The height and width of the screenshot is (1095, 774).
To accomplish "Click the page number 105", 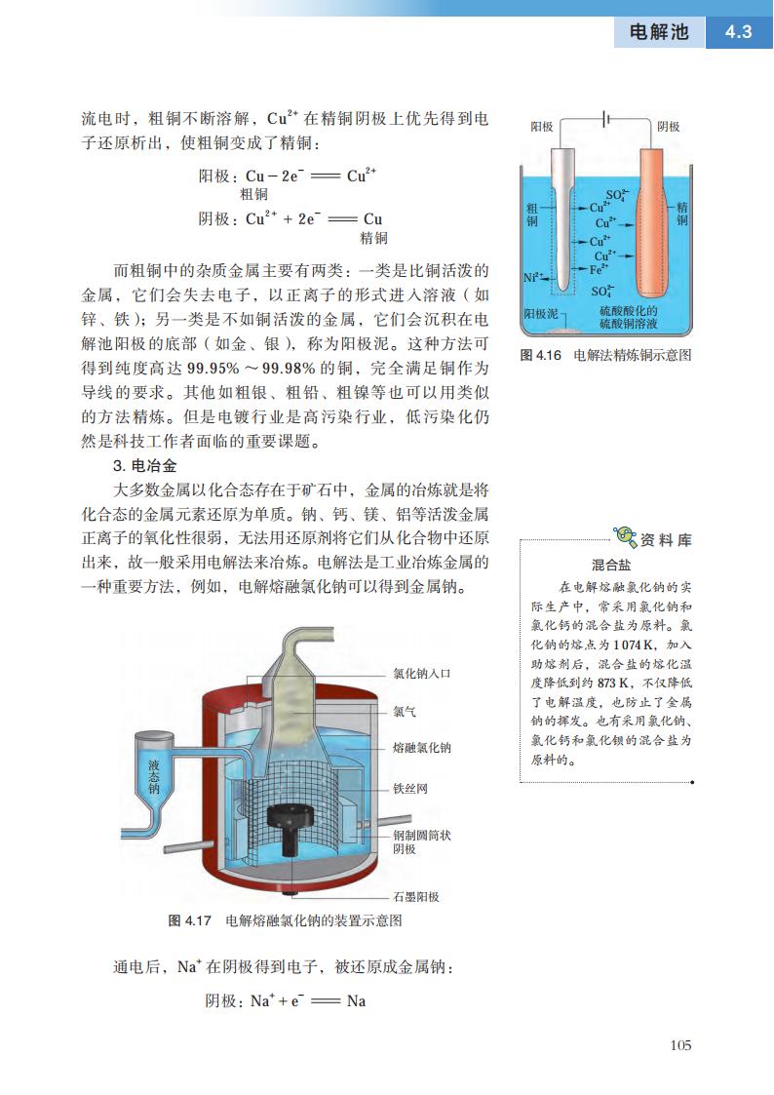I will (680, 1045).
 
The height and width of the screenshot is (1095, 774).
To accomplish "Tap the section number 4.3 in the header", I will (738, 31).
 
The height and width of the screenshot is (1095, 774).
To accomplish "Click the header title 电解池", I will (659, 32).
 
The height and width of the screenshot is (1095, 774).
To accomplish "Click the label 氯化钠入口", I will (422, 674).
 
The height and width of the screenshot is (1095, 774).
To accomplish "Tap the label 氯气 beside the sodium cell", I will (405, 711).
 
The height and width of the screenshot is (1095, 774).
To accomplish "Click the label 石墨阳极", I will (416, 896).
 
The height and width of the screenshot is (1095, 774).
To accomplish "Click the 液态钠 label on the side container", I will (154, 776).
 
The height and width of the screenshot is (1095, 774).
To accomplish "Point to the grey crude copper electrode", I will (565, 215).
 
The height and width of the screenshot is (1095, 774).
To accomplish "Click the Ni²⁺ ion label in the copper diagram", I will (532, 277).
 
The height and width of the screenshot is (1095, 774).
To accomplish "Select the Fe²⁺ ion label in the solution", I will (600, 267).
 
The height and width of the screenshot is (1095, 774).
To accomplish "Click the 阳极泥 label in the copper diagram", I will (540, 313).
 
